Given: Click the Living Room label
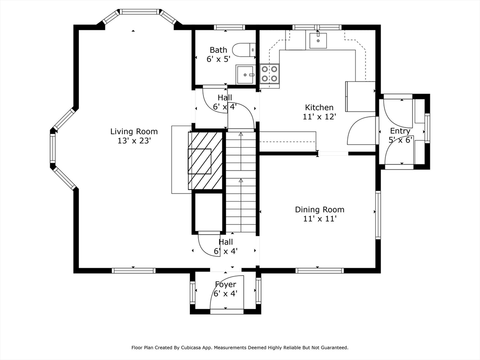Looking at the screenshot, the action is point(134,132).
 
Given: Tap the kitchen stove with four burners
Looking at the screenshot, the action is point(270,74).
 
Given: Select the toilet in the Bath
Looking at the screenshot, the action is point(244,50).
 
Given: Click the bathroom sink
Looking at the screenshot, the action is point(245,75).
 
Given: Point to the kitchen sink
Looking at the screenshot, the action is point(318,40).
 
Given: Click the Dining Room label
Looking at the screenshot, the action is point(320,210).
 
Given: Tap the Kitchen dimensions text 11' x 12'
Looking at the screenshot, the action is point(320,117).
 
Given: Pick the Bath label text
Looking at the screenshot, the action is point(218,50).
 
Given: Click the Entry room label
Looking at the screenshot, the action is point(400,131).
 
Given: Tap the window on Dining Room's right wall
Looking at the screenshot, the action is point(378,215).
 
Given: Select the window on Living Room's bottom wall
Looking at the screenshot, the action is point(134,270).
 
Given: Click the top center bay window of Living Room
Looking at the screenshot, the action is point(139,12).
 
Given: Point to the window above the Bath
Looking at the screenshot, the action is point(230,27).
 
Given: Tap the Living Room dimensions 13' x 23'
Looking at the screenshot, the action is point(135,141).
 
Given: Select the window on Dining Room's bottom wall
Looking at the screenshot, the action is point(320,270).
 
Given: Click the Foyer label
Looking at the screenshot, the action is point(225,285).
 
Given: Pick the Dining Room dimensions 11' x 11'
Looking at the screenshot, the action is point(320,218).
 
